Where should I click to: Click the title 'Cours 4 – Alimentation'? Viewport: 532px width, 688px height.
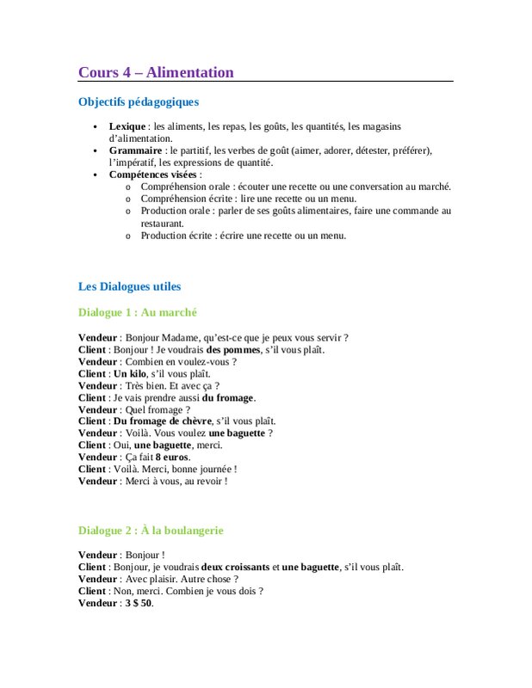pos(156,72)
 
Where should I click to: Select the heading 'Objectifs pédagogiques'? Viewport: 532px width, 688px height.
pos(139,102)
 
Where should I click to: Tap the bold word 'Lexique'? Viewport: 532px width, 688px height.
pos(127,126)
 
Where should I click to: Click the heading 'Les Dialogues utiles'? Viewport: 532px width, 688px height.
pos(129,286)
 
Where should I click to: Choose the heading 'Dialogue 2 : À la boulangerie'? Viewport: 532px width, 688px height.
pos(151,531)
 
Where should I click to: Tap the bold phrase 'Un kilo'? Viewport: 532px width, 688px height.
pos(130,374)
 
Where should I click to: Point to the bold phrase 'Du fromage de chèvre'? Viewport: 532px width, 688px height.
pos(166,421)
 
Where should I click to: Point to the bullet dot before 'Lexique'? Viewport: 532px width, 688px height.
pos(96,127)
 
